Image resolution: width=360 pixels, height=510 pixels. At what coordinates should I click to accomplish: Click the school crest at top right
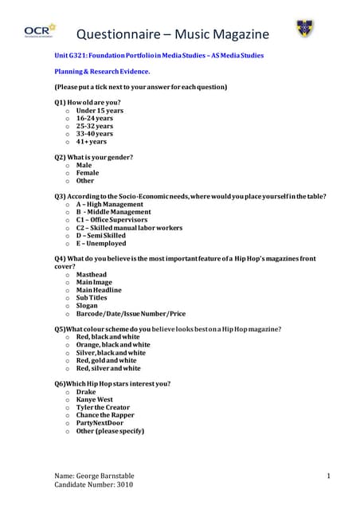(x=304, y=30)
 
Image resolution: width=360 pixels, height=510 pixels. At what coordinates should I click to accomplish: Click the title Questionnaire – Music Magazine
(x=173, y=34)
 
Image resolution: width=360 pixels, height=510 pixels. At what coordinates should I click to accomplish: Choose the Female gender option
(x=88, y=173)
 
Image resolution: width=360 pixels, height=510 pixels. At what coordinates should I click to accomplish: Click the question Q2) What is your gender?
(x=93, y=157)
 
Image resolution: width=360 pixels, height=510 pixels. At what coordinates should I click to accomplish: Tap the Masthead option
(x=92, y=274)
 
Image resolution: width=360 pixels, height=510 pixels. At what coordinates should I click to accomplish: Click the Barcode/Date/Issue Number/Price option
(x=130, y=314)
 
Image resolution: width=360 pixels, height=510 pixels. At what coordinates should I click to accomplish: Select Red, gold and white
(x=106, y=360)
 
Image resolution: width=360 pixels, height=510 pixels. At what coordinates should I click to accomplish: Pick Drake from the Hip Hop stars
(x=85, y=391)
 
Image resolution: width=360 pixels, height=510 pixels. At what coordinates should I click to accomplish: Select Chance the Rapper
(x=105, y=415)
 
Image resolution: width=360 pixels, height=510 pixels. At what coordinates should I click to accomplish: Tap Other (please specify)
(x=110, y=431)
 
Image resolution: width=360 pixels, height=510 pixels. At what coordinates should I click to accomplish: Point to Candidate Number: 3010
(x=94, y=485)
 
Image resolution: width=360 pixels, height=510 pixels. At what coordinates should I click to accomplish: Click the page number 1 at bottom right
(x=328, y=476)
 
